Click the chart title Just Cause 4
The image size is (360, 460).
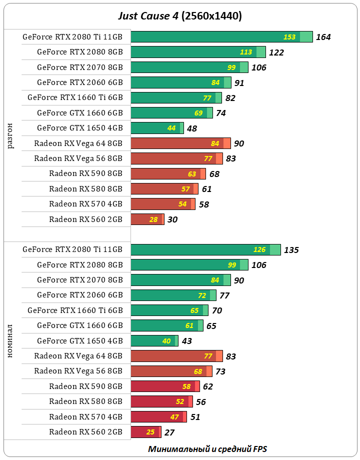click(x=179, y=16)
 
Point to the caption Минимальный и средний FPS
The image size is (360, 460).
click(x=211, y=448)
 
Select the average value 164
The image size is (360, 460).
click(x=323, y=37)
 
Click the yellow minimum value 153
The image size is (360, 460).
click(x=289, y=37)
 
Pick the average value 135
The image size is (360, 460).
click(x=291, y=250)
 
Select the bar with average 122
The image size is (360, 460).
click(x=197, y=52)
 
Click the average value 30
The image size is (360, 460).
click(x=172, y=219)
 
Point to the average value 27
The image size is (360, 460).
click(x=169, y=432)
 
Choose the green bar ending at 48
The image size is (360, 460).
click(x=157, y=128)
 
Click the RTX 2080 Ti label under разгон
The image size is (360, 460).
click(x=72, y=36)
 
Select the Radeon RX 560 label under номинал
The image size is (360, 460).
click(x=86, y=432)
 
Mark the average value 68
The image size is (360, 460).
click(x=214, y=174)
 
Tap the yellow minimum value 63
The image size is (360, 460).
click(x=192, y=174)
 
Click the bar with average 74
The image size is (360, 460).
click(x=171, y=113)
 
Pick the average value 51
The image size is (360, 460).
click(x=195, y=417)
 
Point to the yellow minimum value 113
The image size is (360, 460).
click(x=246, y=52)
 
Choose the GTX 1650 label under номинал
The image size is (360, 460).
click(x=80, y=341)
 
